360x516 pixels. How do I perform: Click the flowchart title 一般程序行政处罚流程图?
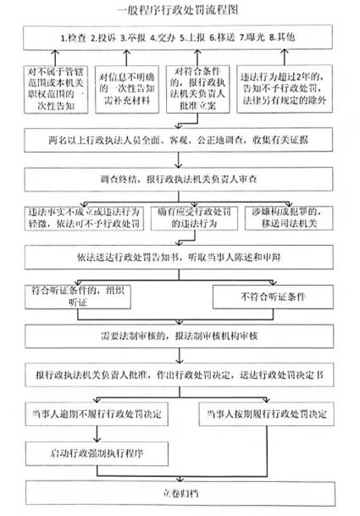178,10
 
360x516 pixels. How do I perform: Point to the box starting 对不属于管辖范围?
56,89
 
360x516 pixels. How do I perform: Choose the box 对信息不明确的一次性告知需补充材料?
127,89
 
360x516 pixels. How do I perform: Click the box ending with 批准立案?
197,89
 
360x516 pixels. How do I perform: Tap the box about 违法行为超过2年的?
285,89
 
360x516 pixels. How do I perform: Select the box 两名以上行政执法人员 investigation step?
179,140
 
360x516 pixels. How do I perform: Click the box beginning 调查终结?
179,180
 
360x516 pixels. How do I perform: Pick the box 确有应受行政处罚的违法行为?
194,219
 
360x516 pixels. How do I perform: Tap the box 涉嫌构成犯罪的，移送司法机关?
289,219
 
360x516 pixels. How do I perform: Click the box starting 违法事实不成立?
84,219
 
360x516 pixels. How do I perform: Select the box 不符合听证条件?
273,297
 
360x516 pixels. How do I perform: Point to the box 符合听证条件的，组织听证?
78,297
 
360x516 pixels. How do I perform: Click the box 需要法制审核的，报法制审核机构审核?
180,336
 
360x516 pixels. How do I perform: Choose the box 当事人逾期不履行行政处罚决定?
97,414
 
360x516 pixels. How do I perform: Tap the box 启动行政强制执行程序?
97,453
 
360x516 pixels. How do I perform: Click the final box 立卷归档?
180,494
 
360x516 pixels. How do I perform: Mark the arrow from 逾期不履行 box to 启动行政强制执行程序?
97,434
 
